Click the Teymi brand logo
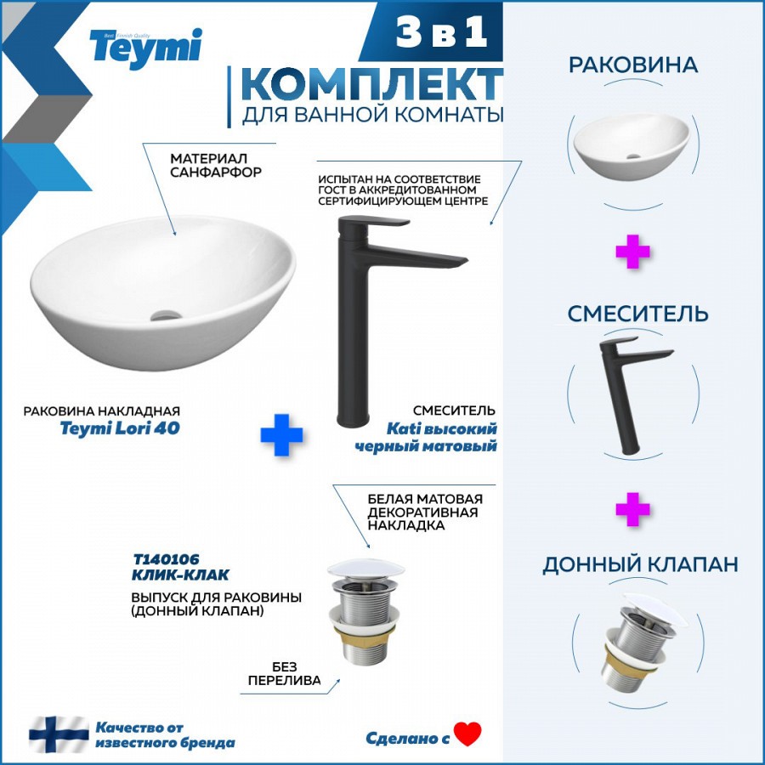pos(145,48)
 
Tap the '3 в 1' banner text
pos(441,31)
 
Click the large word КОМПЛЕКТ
pos(372,84)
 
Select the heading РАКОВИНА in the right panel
pos(632,65)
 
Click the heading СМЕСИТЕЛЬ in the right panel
pos(637,314)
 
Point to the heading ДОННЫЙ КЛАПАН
pos(640,564)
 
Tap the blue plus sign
pos(281,434)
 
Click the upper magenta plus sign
pos(632,252)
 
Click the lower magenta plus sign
pos(632,509)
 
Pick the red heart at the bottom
pos(467,734)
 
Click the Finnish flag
pos(59,734)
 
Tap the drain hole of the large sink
pos(166,314)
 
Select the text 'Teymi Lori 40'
pos(120,428)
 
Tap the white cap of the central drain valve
pos(365,568)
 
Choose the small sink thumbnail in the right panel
pos(632,147)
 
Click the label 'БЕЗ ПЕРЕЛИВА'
pos(285,674)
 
